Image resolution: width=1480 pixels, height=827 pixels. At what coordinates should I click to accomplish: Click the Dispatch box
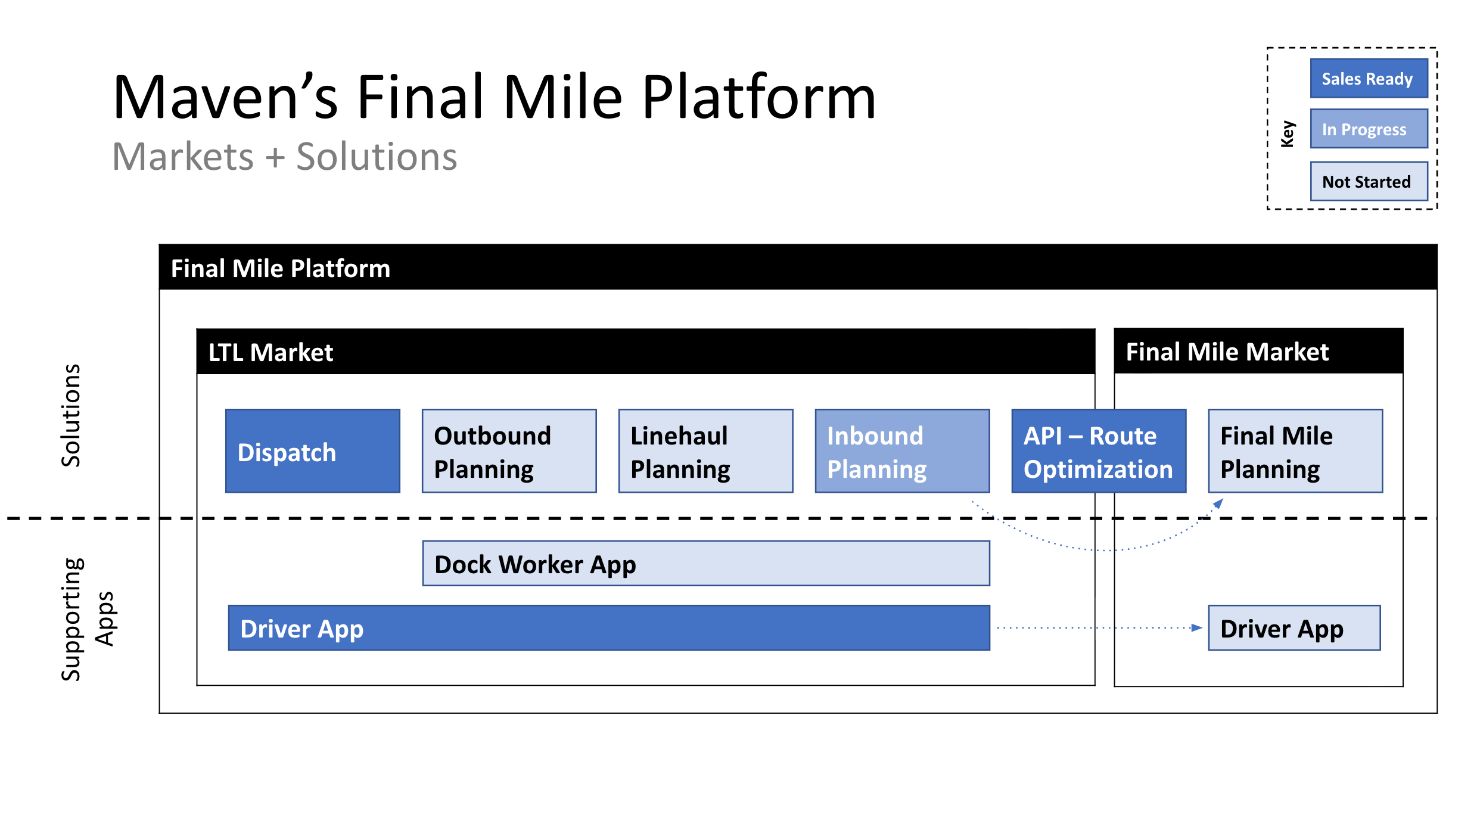pyautogui.click(x=312, y=451)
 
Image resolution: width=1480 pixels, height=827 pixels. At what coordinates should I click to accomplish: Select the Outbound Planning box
pyautogui.click(x=509, y=451)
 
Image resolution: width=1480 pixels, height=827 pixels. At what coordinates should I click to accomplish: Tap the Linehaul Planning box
pyautogui.click(x=705, y=451)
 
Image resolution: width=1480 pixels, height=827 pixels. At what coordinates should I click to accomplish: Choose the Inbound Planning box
pyautogui.click(x=902, y=451)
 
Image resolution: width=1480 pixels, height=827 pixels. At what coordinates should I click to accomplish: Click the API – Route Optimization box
pyautogui.click(x=1098, y=451)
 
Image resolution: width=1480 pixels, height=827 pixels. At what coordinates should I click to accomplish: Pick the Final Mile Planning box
pyautogui.click(x=1295, y=451)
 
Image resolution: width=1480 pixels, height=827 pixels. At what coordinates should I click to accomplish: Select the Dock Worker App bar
pyautogui.click(x=705, y=564)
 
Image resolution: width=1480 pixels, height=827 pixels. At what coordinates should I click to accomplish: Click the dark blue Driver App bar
pyautogui.click(x=608, y=628)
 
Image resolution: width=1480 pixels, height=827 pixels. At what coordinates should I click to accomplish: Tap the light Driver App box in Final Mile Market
pyautogui.click(x=1294, y=628)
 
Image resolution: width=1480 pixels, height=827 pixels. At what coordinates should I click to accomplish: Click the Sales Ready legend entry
pyautogui.click(x=1368, y=79)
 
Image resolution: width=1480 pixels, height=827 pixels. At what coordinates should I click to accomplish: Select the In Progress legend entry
pyautogui.click(x=1368, y=129)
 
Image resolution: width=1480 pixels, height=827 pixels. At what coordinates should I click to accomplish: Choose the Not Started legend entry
pyautogui.click(x=1368, y=181)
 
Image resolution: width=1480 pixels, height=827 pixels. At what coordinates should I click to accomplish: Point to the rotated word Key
pyautogui.click(x=1288, y=133)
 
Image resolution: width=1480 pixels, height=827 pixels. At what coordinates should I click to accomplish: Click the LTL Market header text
pyautogui.click(x=270, y=353)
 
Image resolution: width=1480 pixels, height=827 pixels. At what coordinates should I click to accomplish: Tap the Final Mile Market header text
pyautogui.click(x=1227, y=352)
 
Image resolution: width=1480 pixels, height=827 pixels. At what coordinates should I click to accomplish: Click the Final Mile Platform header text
pyautogui.click(x=280, y=269)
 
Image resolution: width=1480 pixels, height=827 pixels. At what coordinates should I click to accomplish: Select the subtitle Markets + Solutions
pyautogui.click(x=284, y=157)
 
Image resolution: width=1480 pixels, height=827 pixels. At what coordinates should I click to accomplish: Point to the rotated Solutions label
pyautogui.click(x=71, y=415)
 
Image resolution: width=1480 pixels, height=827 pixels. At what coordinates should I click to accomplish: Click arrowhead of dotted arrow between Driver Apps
pyautogui.click(x=1196, y=627)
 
